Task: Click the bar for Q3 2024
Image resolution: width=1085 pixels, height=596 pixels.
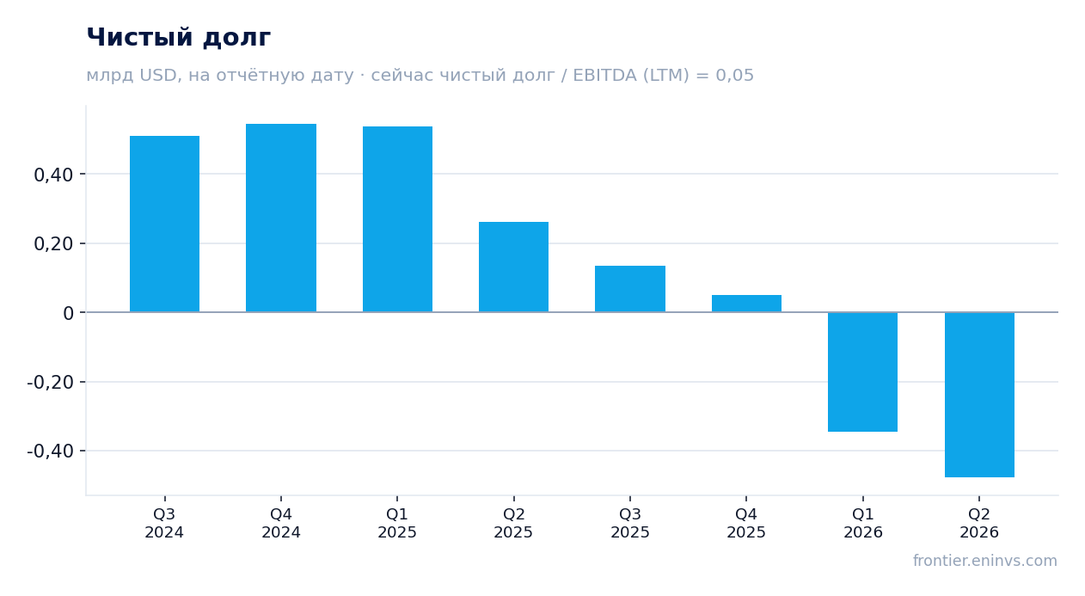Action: point(165,224)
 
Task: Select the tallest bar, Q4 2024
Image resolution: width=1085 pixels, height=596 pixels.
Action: point(281,218)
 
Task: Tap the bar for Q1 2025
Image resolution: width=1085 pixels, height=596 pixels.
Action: point(398,219)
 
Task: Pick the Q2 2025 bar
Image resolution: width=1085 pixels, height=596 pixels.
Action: point(514,267)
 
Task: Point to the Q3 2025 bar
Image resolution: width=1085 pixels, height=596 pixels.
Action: point(630,289)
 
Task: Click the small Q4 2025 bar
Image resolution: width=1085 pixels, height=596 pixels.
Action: point(746,304)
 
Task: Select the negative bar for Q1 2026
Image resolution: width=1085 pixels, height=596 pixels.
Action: point(862,372)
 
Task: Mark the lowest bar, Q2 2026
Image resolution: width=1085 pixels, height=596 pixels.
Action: point(979,395)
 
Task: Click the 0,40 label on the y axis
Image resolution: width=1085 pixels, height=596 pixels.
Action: point(53,175)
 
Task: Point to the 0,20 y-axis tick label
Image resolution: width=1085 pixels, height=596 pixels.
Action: point(53,244)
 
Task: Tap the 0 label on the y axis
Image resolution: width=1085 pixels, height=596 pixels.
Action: point(68,314)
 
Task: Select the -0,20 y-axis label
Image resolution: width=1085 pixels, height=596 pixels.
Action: point(51,383)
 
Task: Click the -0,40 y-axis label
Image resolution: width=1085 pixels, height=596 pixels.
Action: point(51,452)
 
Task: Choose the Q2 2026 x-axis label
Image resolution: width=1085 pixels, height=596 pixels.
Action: point(979,523)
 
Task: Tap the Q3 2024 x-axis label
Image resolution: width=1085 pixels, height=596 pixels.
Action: point(164,523)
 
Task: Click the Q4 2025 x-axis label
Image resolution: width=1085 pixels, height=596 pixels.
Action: point(746,523)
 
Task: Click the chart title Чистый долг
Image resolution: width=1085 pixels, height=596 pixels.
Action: point(178,38)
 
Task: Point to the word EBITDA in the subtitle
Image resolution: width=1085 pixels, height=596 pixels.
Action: point(604,76)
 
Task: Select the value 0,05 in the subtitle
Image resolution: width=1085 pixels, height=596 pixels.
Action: point(735,76)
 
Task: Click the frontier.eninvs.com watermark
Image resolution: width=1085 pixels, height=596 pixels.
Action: point(985,561)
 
